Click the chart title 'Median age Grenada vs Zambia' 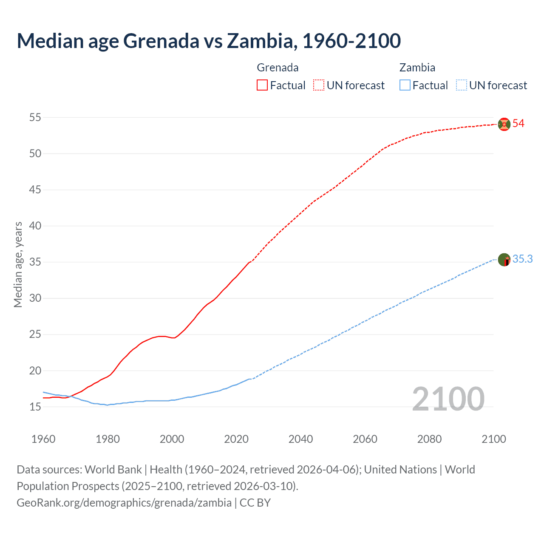[208, 41]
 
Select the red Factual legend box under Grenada [262, 85]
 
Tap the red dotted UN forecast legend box [319, 85]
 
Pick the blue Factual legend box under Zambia [405, 85]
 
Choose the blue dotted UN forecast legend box [461, 85]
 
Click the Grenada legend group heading [278, 68]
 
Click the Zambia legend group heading [417, 68]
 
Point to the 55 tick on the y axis [35, 117]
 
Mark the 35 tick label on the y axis [35, 262]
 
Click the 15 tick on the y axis [35, 407]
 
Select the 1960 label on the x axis [43, 439]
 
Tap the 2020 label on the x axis [236, 439]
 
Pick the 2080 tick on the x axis [429, 439]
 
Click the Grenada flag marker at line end [504, 124]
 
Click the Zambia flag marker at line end [504, 259]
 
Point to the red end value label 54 [518, 124]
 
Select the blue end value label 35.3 [522, 259]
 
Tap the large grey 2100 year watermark [448, 399]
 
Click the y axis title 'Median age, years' [18, 264]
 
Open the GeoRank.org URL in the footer [124, 503]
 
